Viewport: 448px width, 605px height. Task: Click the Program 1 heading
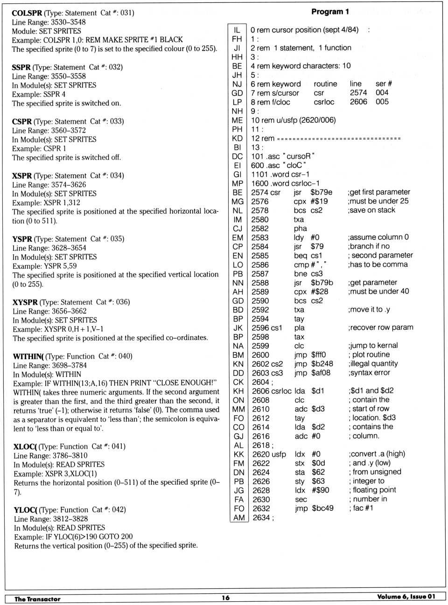coord(330,12)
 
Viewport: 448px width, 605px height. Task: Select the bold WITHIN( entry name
coord(28,356)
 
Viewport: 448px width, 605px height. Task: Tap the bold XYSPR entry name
coord(25,302)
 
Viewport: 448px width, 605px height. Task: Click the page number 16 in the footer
coord(225,598)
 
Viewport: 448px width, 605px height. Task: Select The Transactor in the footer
coord(37,599)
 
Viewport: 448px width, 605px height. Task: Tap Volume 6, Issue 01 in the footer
coord(406,597)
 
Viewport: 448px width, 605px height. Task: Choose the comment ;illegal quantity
coord(373,363)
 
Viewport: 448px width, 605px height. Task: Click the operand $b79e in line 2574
coord(321,192)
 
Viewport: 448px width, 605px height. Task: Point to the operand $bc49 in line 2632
coord(322,508)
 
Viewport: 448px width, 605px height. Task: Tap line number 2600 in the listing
coord(260,355)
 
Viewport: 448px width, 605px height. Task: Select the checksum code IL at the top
coord(237,30)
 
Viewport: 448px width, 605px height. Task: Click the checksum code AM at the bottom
coord(239,517)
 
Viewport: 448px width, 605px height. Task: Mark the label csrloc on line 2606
coord(282,391)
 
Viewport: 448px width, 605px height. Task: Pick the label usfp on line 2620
coord(279,454)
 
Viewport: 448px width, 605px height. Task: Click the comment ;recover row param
coord(380,327)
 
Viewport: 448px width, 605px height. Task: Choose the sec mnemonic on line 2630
coord(301,500)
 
